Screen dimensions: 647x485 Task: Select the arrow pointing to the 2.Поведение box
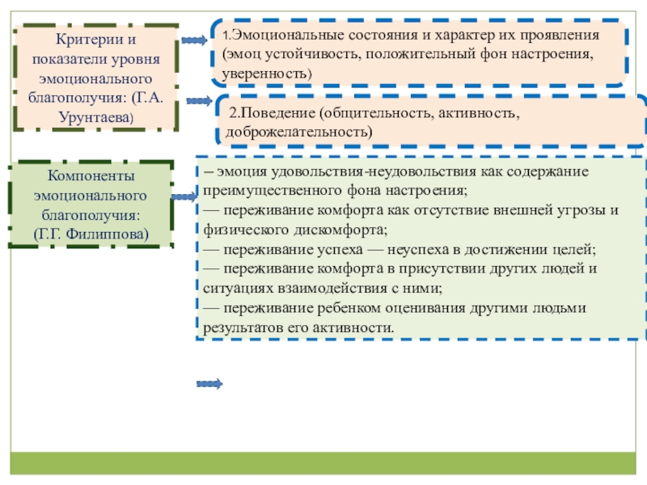[198, 102]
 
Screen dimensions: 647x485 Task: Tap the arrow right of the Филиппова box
[184, 196]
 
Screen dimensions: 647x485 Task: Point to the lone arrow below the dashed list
[209, 382]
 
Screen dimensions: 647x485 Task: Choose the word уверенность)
[269, 74]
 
